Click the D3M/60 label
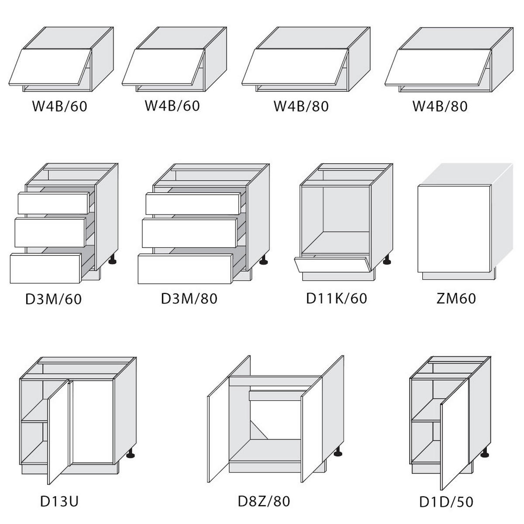pos(54,299)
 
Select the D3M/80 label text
pos(189,299)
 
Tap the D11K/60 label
pos(337,298)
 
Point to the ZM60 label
pos(456,298)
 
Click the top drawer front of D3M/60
pos(54,203)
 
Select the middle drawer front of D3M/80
pos(190,233)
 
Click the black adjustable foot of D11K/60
pos(387,260)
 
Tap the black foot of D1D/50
pos(485,452)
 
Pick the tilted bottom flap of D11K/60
pos(332,264)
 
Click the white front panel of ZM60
pos(455,229)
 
